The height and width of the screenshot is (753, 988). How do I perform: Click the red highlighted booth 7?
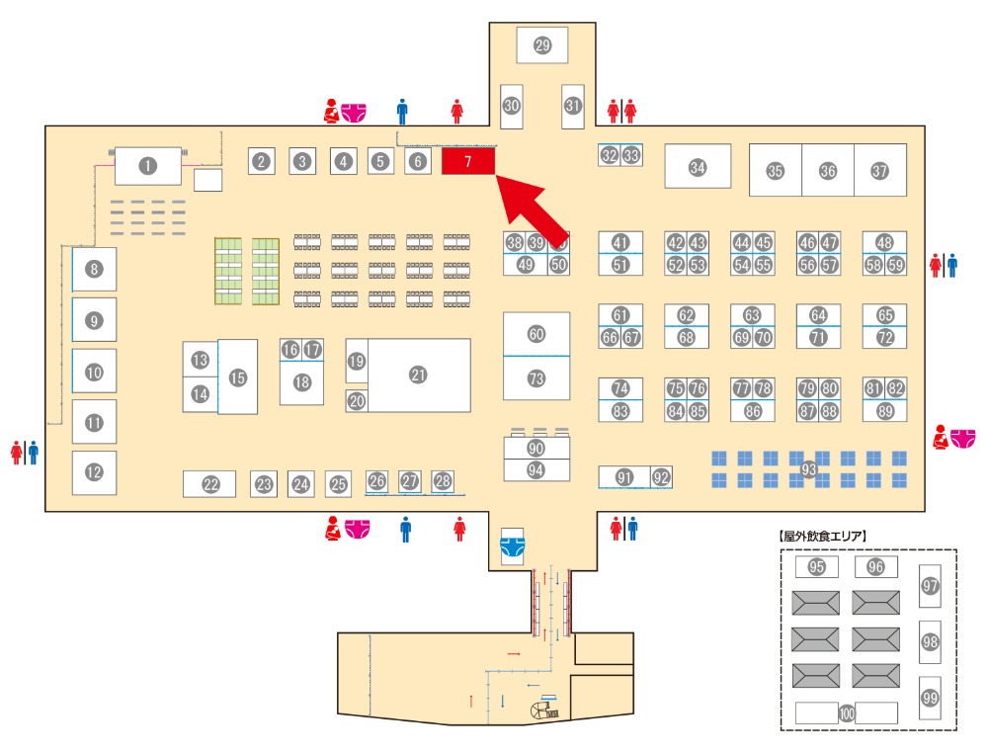[467, 161]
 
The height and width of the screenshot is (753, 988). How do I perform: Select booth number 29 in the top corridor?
[541, 44]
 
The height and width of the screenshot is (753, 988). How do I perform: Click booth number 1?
[148, 166]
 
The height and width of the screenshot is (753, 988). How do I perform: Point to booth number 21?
[418, 375]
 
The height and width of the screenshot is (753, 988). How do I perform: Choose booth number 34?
[698, 167]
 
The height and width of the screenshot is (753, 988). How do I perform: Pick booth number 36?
[827, 171]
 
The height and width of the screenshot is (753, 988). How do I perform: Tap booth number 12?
[94, 472]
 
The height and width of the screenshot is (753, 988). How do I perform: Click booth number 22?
[209, 484]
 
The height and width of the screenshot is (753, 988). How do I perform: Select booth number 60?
[536, 334]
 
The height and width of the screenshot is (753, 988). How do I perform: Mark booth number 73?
[536, 378]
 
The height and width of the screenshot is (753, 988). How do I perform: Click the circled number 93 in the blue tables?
[809, 468]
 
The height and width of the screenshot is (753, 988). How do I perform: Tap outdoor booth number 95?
[816, 567]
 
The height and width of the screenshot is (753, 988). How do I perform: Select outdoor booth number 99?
[930, 697]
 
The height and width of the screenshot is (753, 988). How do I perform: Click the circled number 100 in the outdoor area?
[847, 712]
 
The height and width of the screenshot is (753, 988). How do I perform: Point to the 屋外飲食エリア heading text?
[823, 537]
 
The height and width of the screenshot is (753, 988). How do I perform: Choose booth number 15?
[237, 376]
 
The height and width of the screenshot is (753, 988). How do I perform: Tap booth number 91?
[624, 477]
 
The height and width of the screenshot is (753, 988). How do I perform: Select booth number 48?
[884, 242]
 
